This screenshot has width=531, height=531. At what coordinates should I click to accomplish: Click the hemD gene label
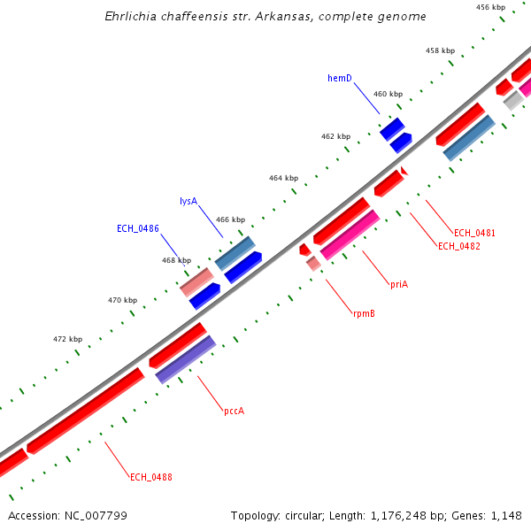point(340,78)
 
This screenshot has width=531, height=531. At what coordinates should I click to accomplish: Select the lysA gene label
point(188,201)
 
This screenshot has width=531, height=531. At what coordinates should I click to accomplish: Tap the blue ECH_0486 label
point(138,228)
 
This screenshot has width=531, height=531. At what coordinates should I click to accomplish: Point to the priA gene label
point(398,284)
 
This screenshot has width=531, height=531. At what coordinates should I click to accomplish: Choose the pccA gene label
point(234,411)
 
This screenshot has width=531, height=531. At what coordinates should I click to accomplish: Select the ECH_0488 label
point(151,477)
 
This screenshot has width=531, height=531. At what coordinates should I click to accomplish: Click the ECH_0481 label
point(474,233)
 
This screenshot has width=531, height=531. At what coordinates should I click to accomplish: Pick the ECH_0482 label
point(459,246)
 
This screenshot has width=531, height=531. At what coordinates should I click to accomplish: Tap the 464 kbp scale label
point(283,178)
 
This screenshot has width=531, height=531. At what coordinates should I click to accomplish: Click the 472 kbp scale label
point(67,339)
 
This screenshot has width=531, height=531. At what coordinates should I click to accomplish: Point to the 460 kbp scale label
point(388,94)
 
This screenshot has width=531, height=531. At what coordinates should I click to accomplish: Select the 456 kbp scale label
point(490,7)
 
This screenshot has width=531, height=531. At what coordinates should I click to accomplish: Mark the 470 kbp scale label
point(122,300)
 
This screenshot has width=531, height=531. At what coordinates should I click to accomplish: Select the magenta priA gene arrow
point(350,235)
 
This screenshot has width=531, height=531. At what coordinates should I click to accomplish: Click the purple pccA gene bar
point(186,358)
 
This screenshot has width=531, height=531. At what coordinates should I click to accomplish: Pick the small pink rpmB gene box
point(313,263)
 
